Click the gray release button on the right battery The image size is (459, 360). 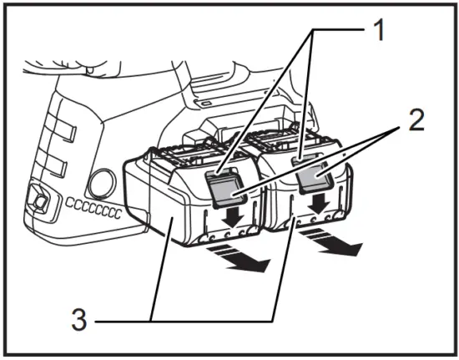(315, 179)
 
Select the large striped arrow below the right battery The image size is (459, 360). (335, 243)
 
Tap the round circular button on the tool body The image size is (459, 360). (102, 183)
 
